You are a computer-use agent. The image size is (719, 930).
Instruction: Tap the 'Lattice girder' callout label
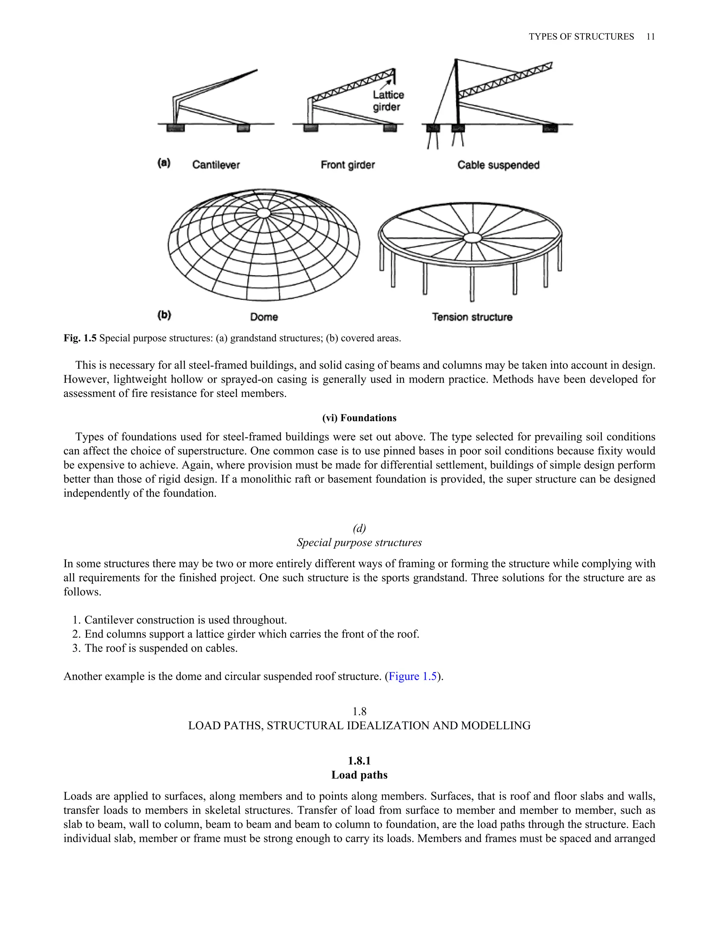388,101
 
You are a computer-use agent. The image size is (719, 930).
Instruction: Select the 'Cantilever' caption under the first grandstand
216,165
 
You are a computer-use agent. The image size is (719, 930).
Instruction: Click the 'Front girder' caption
348,165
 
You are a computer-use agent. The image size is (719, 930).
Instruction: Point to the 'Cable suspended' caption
499,165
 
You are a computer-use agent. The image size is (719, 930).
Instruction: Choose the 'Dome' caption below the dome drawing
264,317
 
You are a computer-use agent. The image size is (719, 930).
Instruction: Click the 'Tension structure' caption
472,317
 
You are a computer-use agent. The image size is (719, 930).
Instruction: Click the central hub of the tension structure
471,237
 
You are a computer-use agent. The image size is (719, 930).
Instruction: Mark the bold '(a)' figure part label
164,163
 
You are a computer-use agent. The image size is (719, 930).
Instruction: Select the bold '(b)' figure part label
164,315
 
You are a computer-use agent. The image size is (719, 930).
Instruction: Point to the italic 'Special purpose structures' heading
359,543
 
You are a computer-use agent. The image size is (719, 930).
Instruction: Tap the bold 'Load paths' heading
359,775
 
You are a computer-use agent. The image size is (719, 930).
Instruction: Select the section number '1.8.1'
359,760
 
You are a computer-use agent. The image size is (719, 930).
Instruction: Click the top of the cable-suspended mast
456,60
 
